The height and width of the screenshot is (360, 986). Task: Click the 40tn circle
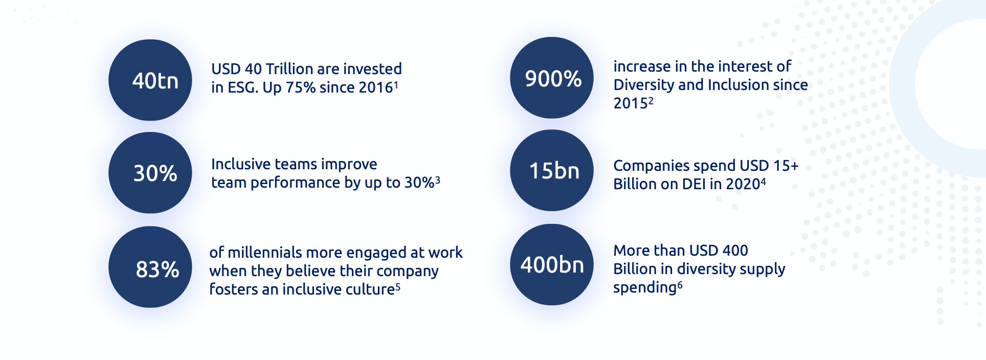(150, 80)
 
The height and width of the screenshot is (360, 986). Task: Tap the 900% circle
(552, 78)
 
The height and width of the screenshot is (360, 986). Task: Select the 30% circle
(150, 173)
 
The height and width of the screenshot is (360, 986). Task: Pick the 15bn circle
(552, 170)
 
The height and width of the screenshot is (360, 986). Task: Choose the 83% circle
(150, 267)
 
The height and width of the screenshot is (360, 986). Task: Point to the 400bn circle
(552, 264)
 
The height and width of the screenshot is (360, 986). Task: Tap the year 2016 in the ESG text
(376, 87)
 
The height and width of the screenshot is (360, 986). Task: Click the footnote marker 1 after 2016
(396, 84)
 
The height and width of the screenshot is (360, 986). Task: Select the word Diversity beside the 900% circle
(644, 85)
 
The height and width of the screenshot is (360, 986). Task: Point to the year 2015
(631, 103)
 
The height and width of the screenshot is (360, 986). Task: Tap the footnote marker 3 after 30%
(438, 179)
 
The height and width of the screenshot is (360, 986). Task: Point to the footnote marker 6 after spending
(680, 285)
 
